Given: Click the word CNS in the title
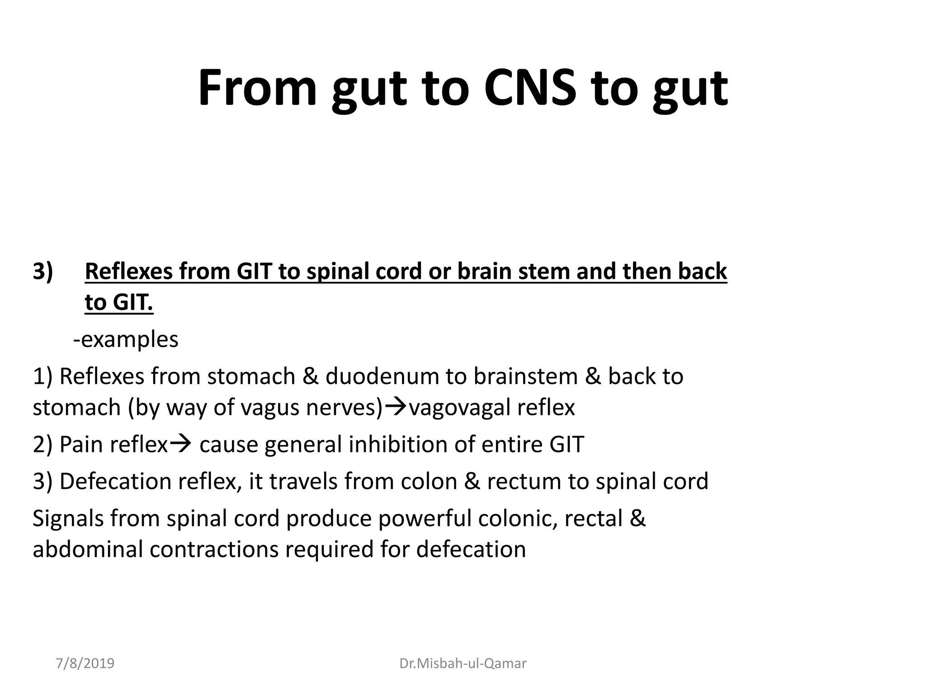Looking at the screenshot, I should point(530,88).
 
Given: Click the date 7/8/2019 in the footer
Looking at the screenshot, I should point(85,663).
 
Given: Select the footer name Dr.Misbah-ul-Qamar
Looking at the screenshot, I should point(463,663).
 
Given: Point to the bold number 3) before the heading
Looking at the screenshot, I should point(43,271).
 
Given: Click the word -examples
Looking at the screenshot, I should point(126,339).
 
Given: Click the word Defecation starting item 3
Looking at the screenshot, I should point(115,481).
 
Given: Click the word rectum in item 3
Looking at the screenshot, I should point(524,481).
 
